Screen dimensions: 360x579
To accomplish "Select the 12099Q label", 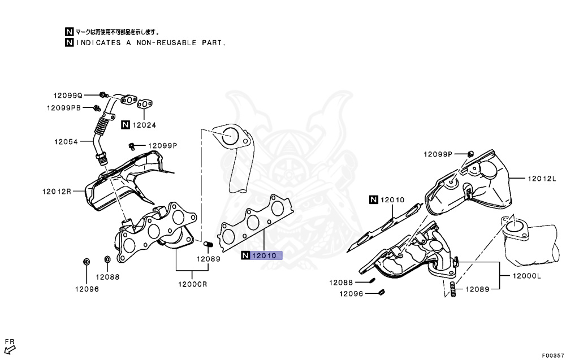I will tap(68, 96).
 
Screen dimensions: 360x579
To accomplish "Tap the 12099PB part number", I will tap(64, 107).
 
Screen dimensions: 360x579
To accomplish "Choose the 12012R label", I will tap(57, 191).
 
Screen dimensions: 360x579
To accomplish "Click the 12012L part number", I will tap(542, 179).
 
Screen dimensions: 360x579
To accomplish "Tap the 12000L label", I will tap(527, 276).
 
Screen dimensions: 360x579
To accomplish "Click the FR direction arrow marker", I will tap(10, 346).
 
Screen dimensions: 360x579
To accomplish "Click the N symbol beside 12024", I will tap(125, 125).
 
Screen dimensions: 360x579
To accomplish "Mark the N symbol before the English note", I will tap(68, 42).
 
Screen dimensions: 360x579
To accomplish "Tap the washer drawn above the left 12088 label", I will tap(107, 260).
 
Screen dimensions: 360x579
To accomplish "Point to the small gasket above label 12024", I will tap(145, 103).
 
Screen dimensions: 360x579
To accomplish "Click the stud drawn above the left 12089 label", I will tap(207, 245).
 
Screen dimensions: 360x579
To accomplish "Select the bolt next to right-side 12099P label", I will tap(470, 154).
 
